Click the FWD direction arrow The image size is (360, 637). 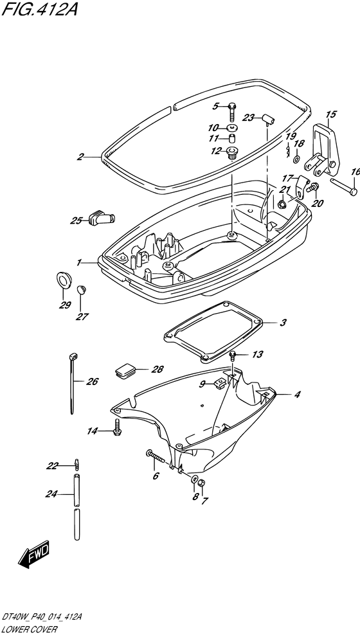pos(33,553)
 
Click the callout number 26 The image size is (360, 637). pos(92,381)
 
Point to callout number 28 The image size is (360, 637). pos(157,370)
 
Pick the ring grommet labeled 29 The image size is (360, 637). pos(63,280)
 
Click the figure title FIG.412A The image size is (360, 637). pos(39,9)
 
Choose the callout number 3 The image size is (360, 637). pos(283,323)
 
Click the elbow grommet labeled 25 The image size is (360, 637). pos(101,218)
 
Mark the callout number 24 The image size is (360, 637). pos(51,494)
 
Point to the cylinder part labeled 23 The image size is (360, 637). pos(267,119)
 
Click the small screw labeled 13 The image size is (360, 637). pos(233,357)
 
